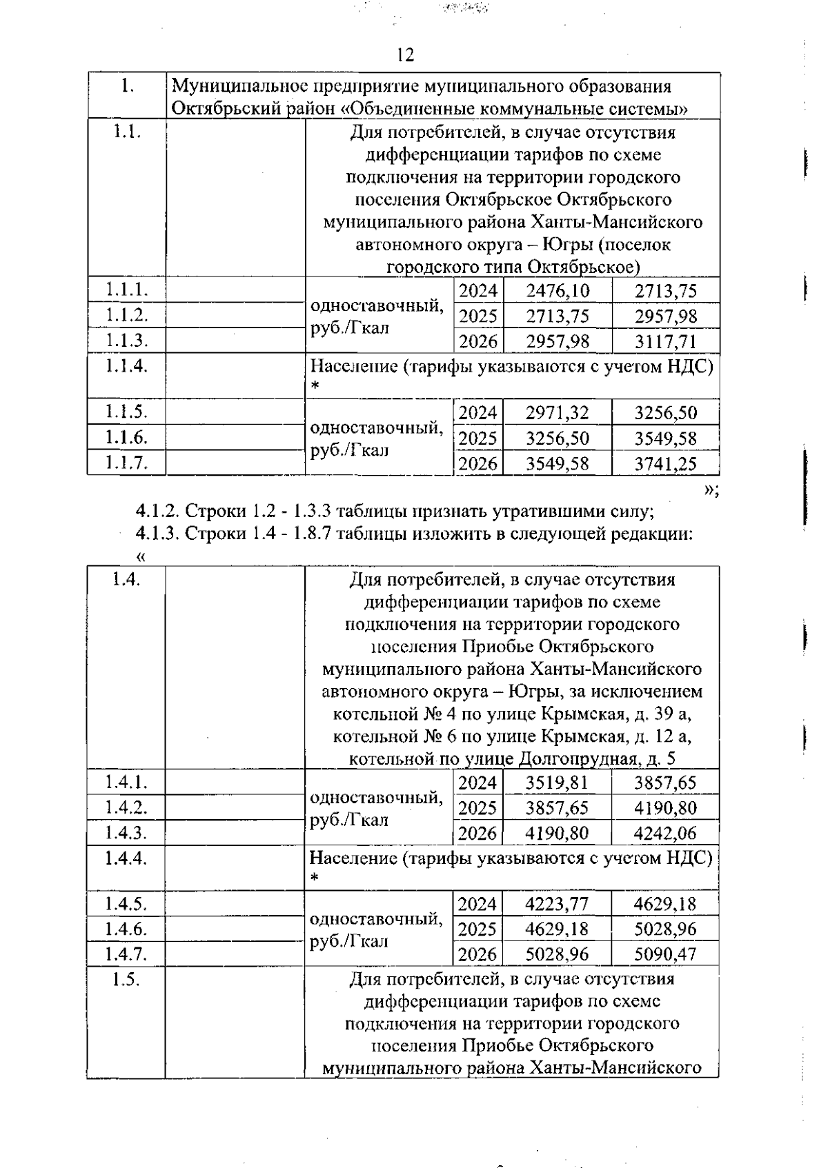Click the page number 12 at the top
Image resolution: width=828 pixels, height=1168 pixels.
click(406, 55)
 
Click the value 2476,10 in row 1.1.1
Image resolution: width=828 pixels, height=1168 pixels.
click(558, 291)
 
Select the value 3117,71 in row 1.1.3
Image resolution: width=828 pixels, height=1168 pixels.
click(666, 341)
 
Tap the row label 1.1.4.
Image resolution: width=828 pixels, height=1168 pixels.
click(126, 365)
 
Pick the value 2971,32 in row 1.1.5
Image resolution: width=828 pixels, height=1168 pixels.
click(557, 413)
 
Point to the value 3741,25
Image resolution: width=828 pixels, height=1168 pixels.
click(666, 464)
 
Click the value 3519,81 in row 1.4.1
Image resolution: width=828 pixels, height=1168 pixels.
click(557, 783)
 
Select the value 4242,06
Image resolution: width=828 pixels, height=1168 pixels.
click(665, 834)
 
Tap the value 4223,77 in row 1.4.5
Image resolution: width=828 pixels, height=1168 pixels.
click(557, 904)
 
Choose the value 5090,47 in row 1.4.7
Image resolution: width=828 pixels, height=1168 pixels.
click(665, 955)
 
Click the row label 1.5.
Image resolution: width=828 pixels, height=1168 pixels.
click(126, 979)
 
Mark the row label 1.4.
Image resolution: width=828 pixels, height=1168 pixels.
click(126, 580)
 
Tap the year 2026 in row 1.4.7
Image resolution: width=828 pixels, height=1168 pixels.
click(477, 955)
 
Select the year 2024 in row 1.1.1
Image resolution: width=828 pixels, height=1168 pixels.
click(478, 291)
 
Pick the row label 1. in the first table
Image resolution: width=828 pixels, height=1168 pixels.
click(127, 86)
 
